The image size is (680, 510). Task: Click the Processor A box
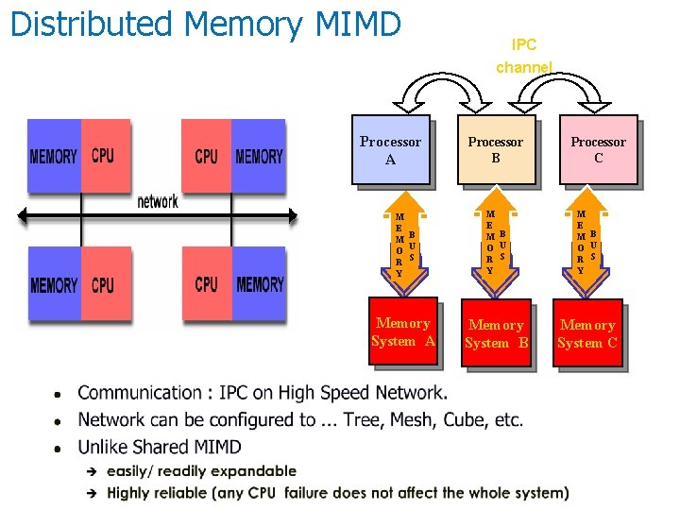(x=390, y=149)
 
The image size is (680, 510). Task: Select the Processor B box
(x=495, y=149)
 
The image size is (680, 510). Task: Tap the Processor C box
(x=597, y=149)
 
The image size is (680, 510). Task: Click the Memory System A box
(x=403, y=331)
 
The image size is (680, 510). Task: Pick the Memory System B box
(x=496, y=333)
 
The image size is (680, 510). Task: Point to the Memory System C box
(x=586, y=333)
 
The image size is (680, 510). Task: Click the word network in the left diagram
(x=158, y=201)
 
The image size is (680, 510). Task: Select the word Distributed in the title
(x=91, y=24)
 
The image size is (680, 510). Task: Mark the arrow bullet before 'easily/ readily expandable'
(x=92, y=471)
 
